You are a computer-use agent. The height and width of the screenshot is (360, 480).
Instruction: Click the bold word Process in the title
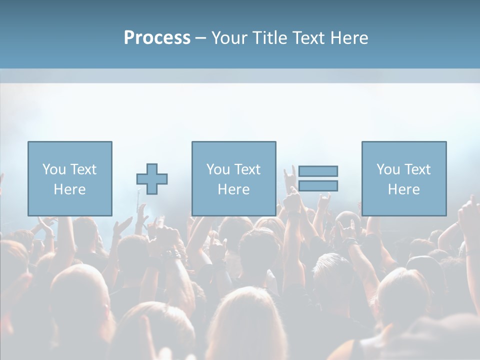[157, 38]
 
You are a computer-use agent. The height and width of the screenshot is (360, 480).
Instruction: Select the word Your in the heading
[228, 38]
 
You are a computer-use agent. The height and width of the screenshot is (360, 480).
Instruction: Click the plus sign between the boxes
[152, 178]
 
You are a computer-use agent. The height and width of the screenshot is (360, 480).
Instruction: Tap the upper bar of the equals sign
[318, 171]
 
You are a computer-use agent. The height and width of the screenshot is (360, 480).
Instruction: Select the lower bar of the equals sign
[318, 185]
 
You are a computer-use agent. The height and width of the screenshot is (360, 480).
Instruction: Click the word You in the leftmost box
[53, 169]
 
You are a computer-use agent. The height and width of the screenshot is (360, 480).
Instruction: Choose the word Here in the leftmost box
[69, 189]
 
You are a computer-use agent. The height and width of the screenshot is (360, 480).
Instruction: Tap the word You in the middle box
[217, 169]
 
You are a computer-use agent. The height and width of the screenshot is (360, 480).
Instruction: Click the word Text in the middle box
[246, 169]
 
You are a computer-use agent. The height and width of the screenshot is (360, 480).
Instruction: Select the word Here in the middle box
[233, 189]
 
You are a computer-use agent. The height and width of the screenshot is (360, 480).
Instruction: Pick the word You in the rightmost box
[387, 169]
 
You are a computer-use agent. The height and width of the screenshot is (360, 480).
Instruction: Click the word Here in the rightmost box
[403, 189]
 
